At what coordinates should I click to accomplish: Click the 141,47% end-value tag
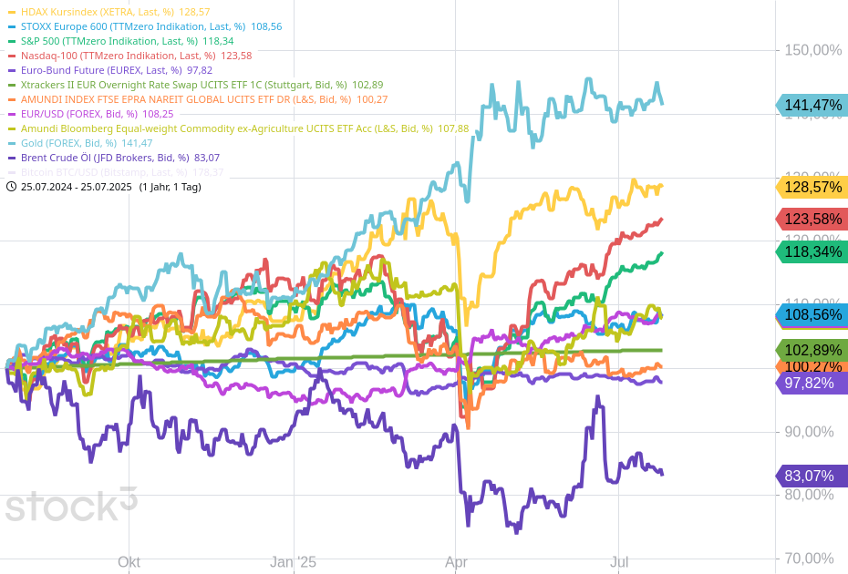[812, 105]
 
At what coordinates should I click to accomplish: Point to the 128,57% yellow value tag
[812, 187]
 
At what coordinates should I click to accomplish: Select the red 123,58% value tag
[812, 219]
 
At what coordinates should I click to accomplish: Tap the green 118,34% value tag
[812, 251]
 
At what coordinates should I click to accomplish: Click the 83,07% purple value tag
[812, 476]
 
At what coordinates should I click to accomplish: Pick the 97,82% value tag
[812, 383]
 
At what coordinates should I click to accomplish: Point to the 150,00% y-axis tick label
[813, 50]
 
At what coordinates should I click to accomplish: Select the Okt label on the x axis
[129, 562]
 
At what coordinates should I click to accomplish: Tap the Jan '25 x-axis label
[293, 562]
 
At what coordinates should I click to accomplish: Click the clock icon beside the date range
[11, 187]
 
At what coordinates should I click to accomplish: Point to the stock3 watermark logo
[71, 504]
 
